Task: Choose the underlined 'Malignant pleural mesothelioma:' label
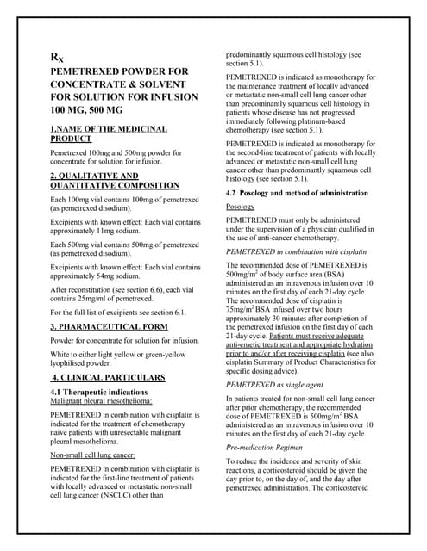104,402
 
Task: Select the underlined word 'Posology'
241,207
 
